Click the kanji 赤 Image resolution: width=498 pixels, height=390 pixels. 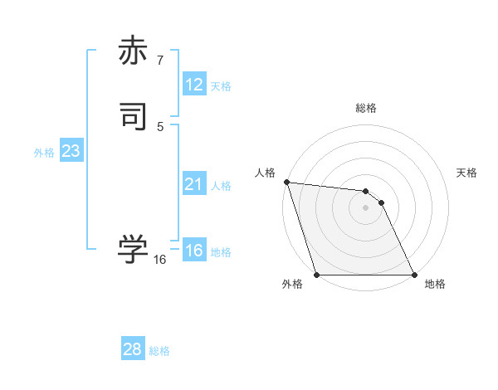point(134,51)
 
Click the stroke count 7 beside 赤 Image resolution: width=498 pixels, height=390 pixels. point(159,61)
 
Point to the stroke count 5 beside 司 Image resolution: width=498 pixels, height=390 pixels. point(159,126)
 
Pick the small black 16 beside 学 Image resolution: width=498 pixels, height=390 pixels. point(159,260)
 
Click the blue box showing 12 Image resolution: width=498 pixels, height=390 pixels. point(194,85)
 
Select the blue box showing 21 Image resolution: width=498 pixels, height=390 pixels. point(194,184)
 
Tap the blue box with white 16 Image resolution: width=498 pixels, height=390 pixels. point(194,251)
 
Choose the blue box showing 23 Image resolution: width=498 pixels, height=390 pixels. point(71,151)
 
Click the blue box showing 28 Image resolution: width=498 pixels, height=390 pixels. point(133,349)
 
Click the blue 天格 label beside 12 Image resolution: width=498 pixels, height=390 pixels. point(221,86)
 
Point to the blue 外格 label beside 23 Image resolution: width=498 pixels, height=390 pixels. point(44,153)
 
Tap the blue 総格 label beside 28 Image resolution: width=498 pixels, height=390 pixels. point(159,351)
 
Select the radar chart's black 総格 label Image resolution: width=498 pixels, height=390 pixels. point(366,108)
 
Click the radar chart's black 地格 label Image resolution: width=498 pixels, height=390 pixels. point(435,285)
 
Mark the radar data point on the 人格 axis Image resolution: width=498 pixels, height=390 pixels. point(286,182)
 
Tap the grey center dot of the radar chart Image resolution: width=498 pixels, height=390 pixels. point(365,207)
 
